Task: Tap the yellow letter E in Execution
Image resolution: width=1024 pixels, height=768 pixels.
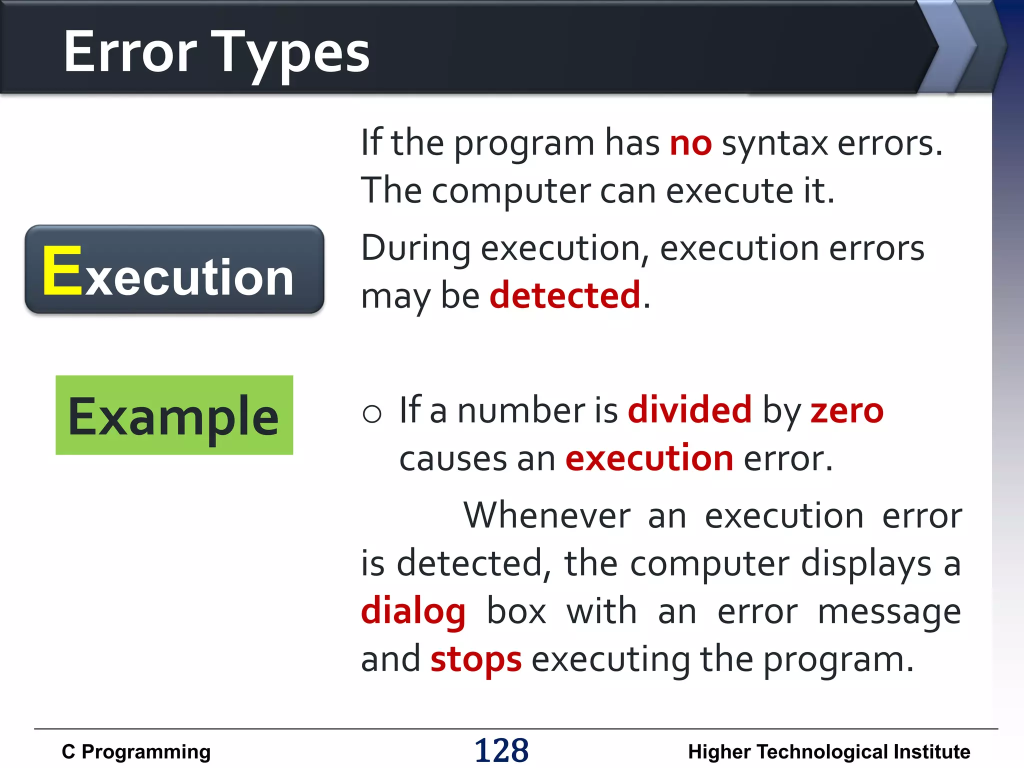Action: pyautogui.click(x=62, y=271)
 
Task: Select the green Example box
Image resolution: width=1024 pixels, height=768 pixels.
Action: pyautogui.click(x=174, y=415)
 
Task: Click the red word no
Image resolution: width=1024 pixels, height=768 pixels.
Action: pyautogui.click(x=690, y=143)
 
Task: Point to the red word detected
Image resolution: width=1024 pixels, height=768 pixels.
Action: pyautogui.click(x=565, y=295)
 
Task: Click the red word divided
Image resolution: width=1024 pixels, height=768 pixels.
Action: pyautogui.click(x=689, y=410)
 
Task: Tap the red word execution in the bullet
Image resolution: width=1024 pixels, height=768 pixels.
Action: pyautogui.click(x=649, y=458)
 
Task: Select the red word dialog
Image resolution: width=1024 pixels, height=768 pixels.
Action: pyautogui.click(x=413, y=611)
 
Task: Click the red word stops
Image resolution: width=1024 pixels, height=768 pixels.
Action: pyautogui.click(x=476, y=659)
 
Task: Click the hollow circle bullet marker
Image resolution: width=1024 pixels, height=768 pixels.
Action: pyautogui.click(x=372, y=413)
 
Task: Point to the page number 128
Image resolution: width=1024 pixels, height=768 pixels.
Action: pyautogui.click(x=501, y=750)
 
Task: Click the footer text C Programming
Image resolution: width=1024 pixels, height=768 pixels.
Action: pyautogui.click(x=136, y=751)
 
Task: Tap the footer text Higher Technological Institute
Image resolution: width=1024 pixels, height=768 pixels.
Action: pyautogui.click(x=828, y=751)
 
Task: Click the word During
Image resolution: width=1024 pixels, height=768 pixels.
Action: pyautogui.click(x=415, y=248)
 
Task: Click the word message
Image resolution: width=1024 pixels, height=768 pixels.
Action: pyautogui.click(x=889, y=611)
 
